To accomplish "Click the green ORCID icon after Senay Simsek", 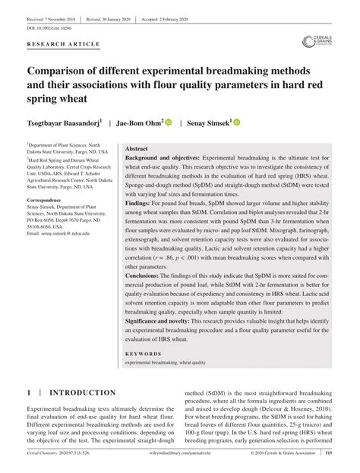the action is [237, 121].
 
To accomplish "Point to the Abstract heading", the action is [137, 150].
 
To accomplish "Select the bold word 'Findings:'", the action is [141, 225].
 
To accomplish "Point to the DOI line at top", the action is [48, 27].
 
